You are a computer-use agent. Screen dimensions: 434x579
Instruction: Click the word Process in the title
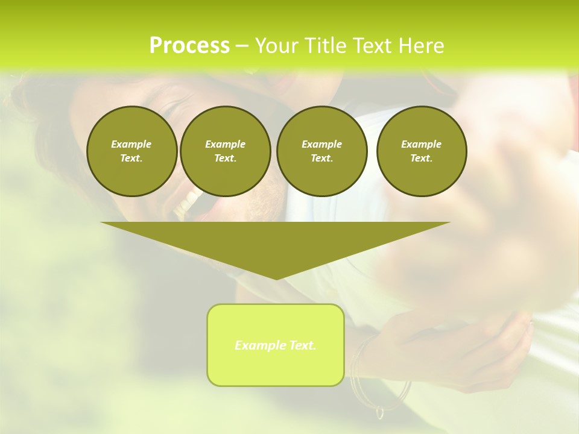pyautogui.click(x=189, y=46)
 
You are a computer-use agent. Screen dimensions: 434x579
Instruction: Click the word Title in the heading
pyautogui.click(x=324, y=46)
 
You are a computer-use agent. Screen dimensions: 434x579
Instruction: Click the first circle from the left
pyautogui.click(x=131, y=151)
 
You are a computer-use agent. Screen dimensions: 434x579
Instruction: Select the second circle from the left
pyautogui.click(x=225, y=151)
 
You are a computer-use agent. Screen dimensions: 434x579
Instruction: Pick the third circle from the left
pyautogui.click(x=321, y=151)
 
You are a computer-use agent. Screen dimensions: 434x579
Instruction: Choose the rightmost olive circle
pyautogui.click(x=422, y=151)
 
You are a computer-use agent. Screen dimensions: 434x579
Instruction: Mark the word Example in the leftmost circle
pyautogui.click(x=131, y=144)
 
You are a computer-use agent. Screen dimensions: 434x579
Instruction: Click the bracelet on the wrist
pyautogui.click(x=362, y=374)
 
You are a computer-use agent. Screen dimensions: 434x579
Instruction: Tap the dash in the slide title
pyautogui.click(x=242, y=46)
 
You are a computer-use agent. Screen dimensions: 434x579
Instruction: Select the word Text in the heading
pyautogui.click(x=371, y=46)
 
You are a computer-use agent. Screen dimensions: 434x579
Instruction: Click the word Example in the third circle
pyautogui.click(x=321, y=144)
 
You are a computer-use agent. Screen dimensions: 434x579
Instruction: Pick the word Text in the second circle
pyautogui.click(x=224, y=159)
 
